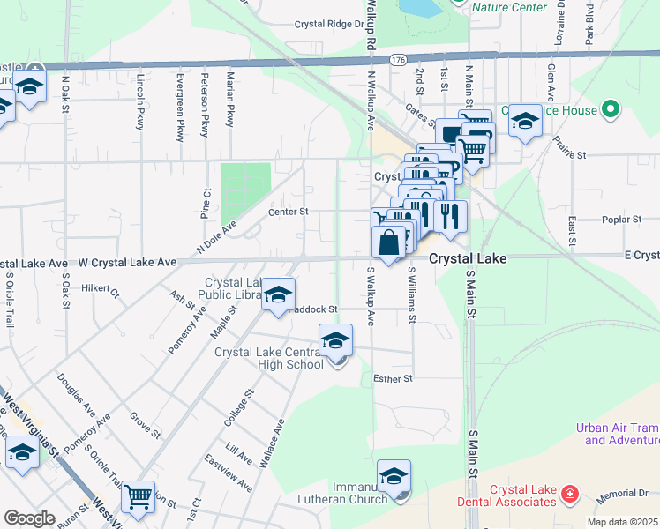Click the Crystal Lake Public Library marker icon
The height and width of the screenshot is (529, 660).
[x=279, y=296]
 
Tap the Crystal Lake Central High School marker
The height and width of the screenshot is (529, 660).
[x=335, y=339]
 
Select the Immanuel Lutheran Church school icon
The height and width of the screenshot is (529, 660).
[x=394, y=475]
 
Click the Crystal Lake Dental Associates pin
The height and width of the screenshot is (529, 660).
[x=570, y=493]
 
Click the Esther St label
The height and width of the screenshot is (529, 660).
[x=394, y=379]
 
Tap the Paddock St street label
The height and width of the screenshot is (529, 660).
[x=312, y=309]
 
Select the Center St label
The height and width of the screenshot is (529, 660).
[x=289, y=212]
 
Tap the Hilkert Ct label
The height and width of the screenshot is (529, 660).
[x=100, y=288]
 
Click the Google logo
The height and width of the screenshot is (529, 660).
[x=29, y=518]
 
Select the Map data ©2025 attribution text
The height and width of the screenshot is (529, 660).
[x=623, y=522]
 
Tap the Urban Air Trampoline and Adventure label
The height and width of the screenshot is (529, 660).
[x=618, y=434]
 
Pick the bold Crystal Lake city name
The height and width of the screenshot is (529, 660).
[x=468, y=259]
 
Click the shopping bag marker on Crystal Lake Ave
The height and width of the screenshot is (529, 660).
[x=389, y=241]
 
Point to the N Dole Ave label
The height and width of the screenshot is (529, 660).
[x=217, y=238]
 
